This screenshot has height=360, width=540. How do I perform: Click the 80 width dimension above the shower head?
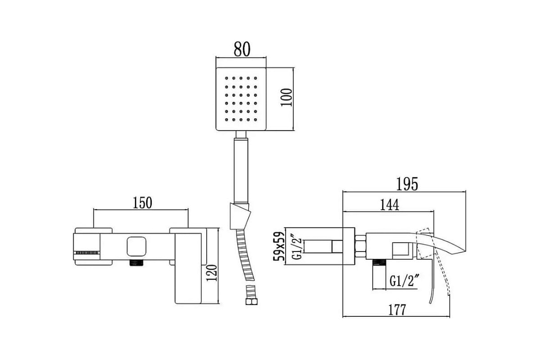242,49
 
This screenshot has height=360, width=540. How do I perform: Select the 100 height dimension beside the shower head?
287,98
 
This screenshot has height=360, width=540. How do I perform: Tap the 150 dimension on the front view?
142,203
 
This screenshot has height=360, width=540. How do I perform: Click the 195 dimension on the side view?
406,184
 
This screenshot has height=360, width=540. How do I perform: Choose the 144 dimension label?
389,205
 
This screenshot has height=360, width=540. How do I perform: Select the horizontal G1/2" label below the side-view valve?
405,281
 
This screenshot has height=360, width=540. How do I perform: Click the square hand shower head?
241,99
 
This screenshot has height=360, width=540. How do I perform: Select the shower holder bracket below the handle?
240,216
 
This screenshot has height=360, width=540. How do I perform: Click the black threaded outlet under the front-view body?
137,262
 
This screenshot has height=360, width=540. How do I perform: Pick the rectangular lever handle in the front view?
189,268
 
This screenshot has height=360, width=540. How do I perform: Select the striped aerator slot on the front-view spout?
86,252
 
